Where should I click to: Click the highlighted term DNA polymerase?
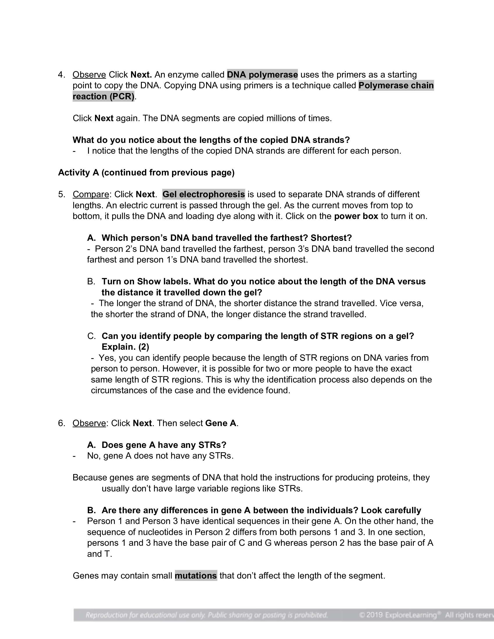262,75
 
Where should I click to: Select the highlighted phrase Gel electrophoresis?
203,195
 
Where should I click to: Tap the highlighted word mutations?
196,576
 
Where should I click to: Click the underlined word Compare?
91,195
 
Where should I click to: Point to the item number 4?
61,75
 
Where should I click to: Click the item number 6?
61,423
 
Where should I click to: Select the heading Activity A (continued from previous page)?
146,173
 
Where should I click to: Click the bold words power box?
356,216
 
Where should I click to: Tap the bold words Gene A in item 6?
221,423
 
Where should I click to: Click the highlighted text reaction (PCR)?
103,96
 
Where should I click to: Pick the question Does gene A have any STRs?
164,445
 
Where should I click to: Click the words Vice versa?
401,304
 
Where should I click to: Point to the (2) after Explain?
144,347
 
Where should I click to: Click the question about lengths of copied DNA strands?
211,140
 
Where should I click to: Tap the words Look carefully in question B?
391,510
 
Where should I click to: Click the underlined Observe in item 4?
89,75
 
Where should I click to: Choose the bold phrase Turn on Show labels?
146,282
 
